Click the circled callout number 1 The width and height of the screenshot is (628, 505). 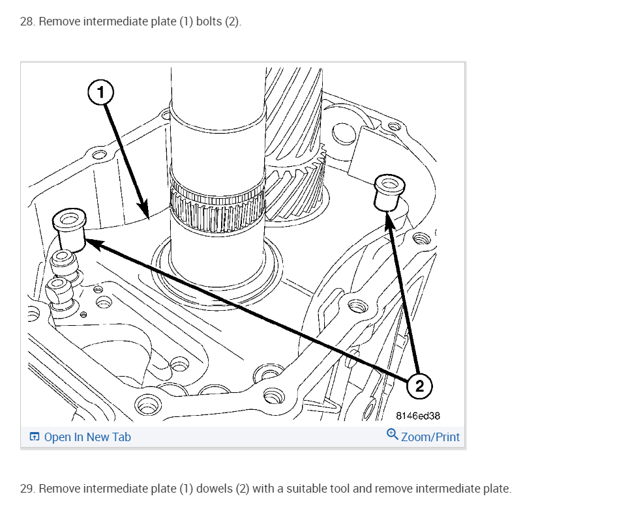(x=100, y=93)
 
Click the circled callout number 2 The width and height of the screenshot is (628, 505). (x=419, y=386)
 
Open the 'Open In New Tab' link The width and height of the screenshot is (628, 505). (x=87, y=437)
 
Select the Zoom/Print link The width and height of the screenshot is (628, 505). (x=430, y=437)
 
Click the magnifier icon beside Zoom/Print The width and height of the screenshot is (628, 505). (x=393, y=435)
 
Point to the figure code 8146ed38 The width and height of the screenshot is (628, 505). (x=419, y=415)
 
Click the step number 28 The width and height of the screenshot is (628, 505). (x=27, y=22)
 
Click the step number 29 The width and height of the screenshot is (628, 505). (x=27, y=489)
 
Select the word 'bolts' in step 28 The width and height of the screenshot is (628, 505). (x=209, y=22)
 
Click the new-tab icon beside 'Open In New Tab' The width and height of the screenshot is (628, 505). (x=35, y=437)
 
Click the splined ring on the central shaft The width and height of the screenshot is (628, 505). (x=217, y=208)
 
